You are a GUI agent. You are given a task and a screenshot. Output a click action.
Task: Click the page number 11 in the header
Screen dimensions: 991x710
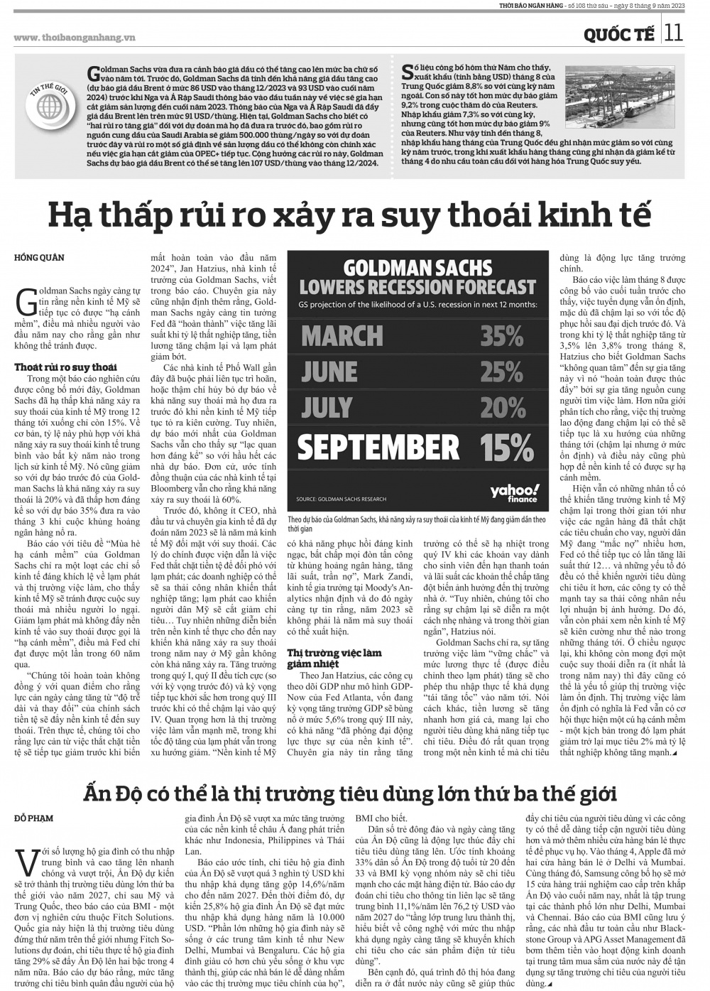[x=674, y=32]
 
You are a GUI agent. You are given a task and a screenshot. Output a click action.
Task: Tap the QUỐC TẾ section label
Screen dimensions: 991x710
[x=619, y=34]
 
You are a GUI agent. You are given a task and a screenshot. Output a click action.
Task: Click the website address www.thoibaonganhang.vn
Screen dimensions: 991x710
[x=65, y=38]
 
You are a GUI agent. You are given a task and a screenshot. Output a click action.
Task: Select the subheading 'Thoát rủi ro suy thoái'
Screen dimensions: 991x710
[x=65, y=367]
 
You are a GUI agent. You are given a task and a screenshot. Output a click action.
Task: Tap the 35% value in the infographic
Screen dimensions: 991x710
[x=501, y=335]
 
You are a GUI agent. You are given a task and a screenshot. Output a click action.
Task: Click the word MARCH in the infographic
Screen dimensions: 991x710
[x=342, y=336]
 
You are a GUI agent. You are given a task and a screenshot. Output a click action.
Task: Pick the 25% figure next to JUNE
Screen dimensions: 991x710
[x=501, y=372]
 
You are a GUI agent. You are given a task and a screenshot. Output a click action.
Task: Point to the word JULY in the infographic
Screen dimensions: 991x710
[x=327, y=408]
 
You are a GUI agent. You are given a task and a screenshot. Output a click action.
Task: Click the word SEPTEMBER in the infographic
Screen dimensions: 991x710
[x=378, y=447]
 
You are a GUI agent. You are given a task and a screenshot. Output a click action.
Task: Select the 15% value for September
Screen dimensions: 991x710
[x=506, y=447]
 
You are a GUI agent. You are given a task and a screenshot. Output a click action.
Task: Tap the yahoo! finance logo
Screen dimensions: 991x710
[x=514, y=493]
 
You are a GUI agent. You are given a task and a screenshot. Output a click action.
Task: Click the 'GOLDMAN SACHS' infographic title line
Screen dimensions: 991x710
[x=417, y=268]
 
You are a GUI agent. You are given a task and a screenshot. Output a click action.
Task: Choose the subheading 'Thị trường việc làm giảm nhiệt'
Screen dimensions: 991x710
[x=334, y=657]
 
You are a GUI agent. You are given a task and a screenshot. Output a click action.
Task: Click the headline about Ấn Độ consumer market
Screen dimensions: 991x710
[x=350, y=792]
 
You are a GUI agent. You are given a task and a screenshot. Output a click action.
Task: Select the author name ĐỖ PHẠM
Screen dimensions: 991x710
[x=33, y=818]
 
